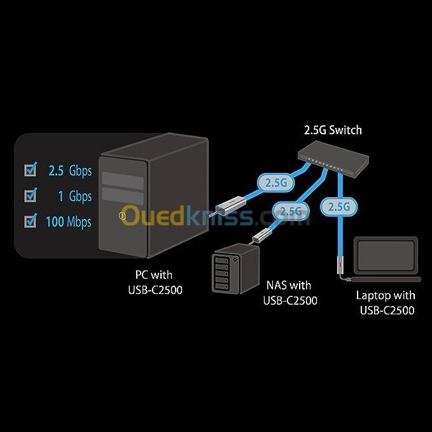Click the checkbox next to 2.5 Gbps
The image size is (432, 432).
pos(30,170)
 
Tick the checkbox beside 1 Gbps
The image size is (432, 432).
pos(30,196)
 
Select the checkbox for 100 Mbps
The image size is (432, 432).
pos(30,221)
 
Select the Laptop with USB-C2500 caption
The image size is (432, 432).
pos(386,303)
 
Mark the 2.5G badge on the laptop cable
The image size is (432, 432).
pos(337,206)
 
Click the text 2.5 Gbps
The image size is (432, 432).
pos(70,171)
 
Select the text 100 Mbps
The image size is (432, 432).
pos(68,222)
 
